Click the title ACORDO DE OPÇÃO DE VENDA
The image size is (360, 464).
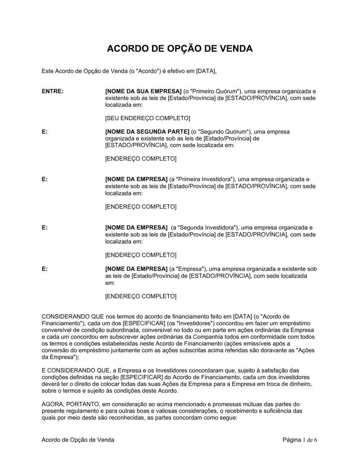(x=180, y=49)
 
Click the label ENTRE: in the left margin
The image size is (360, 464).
(x=53, y=91)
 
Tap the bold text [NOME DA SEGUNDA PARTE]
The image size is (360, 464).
(x=147, y=132)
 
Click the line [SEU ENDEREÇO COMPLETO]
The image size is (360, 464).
(x=148, y=118)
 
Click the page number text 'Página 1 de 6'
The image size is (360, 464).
(x=300, y=440)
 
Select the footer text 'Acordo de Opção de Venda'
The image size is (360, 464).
(x=78, y=440)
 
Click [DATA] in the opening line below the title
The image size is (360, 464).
(x=206, y=71)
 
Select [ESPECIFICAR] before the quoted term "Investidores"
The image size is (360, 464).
(x=141, y=323)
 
